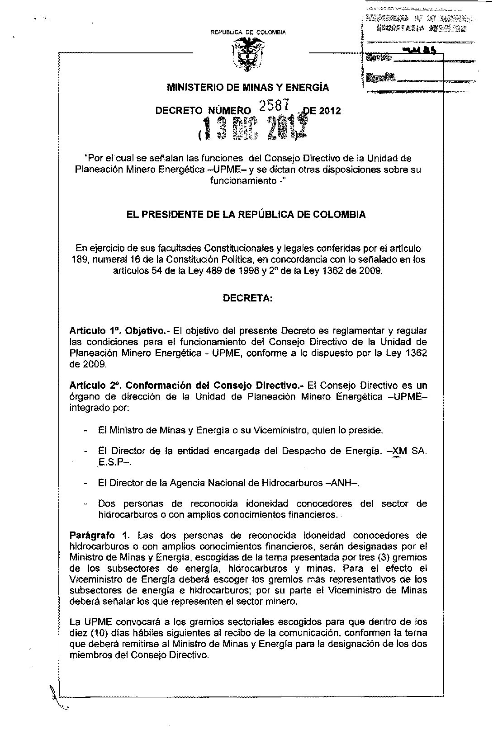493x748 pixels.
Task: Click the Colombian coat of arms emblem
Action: [246, 54]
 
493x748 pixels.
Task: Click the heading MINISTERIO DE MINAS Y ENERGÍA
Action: [247, 87]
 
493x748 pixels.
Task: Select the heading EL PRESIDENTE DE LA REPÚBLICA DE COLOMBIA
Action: [246, 215]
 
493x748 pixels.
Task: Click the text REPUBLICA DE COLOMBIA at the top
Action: [248, 32]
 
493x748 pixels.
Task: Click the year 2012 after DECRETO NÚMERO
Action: [330, 111]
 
